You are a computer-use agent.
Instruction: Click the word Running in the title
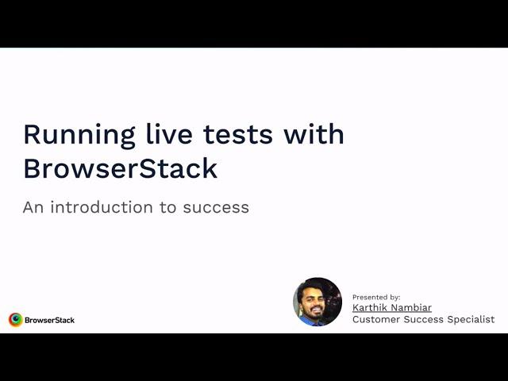point(79,136)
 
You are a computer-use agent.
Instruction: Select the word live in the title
point(169,133)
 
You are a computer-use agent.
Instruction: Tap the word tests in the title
point(238,134)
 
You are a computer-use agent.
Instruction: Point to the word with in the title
point(314,133)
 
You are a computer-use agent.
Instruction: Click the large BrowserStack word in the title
point(120,168)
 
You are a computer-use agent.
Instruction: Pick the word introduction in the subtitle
point(102,207)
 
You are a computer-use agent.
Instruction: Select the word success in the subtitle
point(216,208)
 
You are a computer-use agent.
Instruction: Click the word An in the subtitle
point(33,207)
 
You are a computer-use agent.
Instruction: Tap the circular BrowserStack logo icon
point(16,320)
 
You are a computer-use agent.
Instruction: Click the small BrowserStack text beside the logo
point(49,320)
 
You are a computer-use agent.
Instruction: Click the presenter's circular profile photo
point(317,302)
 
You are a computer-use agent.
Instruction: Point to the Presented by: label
point(376,297)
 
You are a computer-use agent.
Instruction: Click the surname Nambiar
point(412,307)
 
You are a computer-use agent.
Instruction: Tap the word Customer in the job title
point(376,319)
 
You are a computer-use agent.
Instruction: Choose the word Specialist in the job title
point(471,319)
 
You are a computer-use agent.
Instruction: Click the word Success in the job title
point(423,319)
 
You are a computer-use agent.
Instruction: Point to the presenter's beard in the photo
point(315,313)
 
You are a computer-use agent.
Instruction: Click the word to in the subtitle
point(167,208)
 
